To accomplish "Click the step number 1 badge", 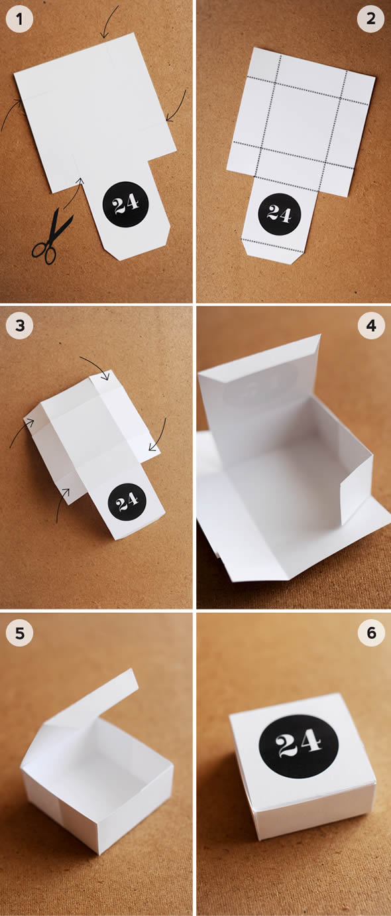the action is (19, 19).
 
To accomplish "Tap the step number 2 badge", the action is (370, 19).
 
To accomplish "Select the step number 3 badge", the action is (19, 326).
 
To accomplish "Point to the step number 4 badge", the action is (370, 326).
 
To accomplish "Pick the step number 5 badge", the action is (19, 633).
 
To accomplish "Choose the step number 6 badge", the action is (370, 633).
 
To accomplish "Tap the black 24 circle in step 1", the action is (125, 204).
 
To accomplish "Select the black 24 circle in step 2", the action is (279, 214).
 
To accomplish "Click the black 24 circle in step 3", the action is (127, 501).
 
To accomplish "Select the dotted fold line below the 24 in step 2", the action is (273, 245).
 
